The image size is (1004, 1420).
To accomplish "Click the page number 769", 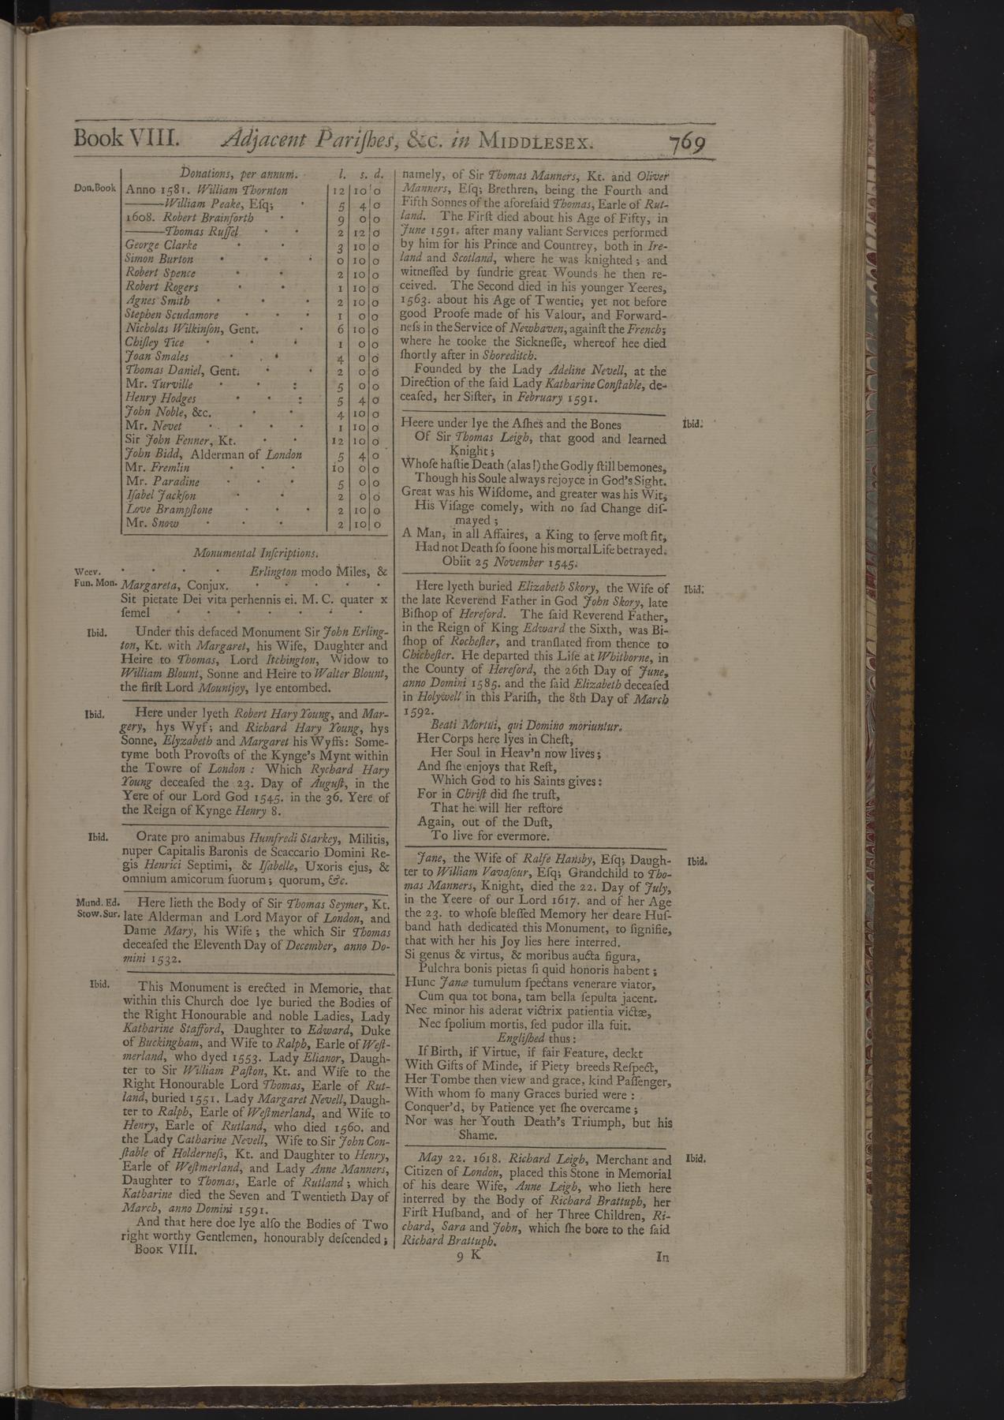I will [685, 145].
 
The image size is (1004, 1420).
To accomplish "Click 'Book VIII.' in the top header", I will [126, 139].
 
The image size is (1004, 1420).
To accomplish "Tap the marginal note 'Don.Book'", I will [95, 189].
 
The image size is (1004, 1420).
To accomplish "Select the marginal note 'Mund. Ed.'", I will [97, 902].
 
